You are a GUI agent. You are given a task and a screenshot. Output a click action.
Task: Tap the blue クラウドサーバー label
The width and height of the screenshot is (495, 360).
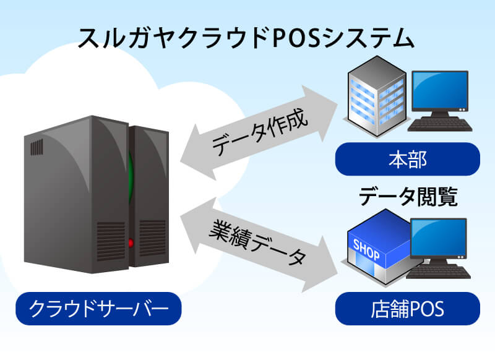click(x=98, y=308)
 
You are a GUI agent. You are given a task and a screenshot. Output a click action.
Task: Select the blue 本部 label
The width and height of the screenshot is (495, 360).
click(x=407, y=160)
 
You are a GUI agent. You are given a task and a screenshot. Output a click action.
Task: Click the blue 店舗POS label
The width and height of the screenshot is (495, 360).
click(x=407, y=308)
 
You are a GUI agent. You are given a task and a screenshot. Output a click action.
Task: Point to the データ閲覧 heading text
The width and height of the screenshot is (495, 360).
click(x=408, y=198)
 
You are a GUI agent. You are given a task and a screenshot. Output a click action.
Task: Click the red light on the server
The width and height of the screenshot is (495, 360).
click(x=131, y=242)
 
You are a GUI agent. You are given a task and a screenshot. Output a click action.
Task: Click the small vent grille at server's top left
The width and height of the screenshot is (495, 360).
click(x=37, y=147)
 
